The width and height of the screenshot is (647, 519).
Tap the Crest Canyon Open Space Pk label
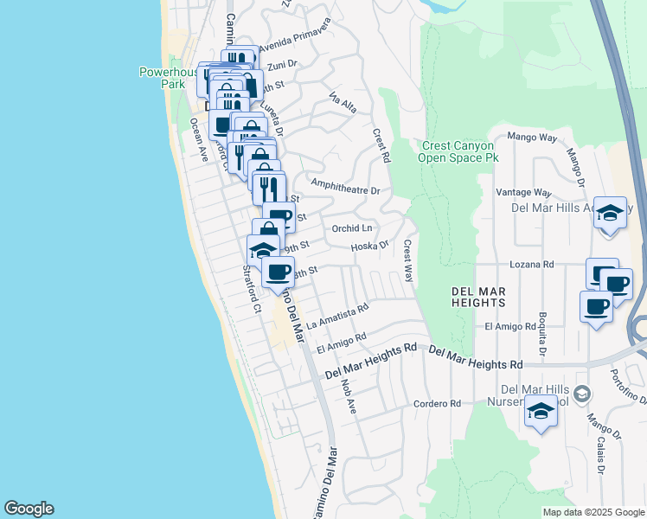[459, 152]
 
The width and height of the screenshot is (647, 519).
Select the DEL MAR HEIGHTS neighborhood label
[478, 298]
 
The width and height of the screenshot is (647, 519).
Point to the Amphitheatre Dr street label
[346, 188]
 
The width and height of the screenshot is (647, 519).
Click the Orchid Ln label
[352, 228]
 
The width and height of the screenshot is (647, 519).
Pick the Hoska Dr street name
[370, 247]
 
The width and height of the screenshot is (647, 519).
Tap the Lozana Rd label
[531, 264]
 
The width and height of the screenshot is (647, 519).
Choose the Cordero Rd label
[436, 403]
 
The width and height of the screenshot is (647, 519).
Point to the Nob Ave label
[349, 394]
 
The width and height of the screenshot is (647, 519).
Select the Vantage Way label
[523, 192]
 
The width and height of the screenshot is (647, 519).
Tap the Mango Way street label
[531, 137]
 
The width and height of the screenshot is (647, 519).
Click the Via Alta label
[343, 104]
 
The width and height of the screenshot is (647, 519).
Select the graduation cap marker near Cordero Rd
[541, 411]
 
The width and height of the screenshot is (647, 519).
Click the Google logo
[29, 509]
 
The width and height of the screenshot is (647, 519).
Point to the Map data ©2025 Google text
[593, 512]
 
